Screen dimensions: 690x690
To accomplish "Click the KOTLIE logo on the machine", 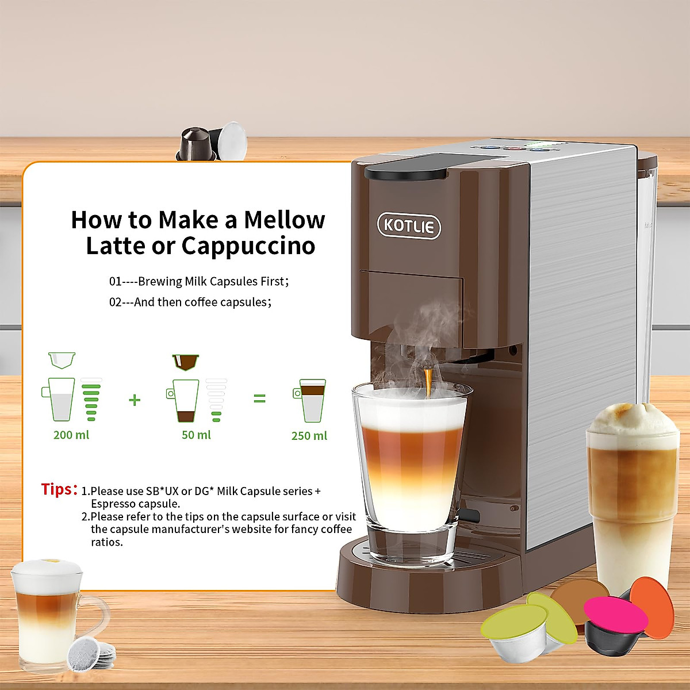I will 409,225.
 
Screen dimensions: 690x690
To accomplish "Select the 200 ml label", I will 71,435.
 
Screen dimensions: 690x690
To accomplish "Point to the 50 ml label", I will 196,435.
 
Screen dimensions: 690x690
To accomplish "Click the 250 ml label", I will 309,436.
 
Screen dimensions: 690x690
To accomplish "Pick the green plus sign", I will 135,400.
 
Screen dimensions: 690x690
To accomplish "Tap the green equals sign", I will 259,398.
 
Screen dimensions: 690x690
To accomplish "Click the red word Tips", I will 58,489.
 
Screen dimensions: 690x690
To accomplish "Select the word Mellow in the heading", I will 284,220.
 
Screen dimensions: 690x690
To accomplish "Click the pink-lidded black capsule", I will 614,621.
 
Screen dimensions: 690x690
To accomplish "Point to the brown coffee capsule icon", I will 186,362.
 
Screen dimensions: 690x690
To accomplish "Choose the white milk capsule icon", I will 62,360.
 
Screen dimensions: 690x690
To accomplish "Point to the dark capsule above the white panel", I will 195,144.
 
